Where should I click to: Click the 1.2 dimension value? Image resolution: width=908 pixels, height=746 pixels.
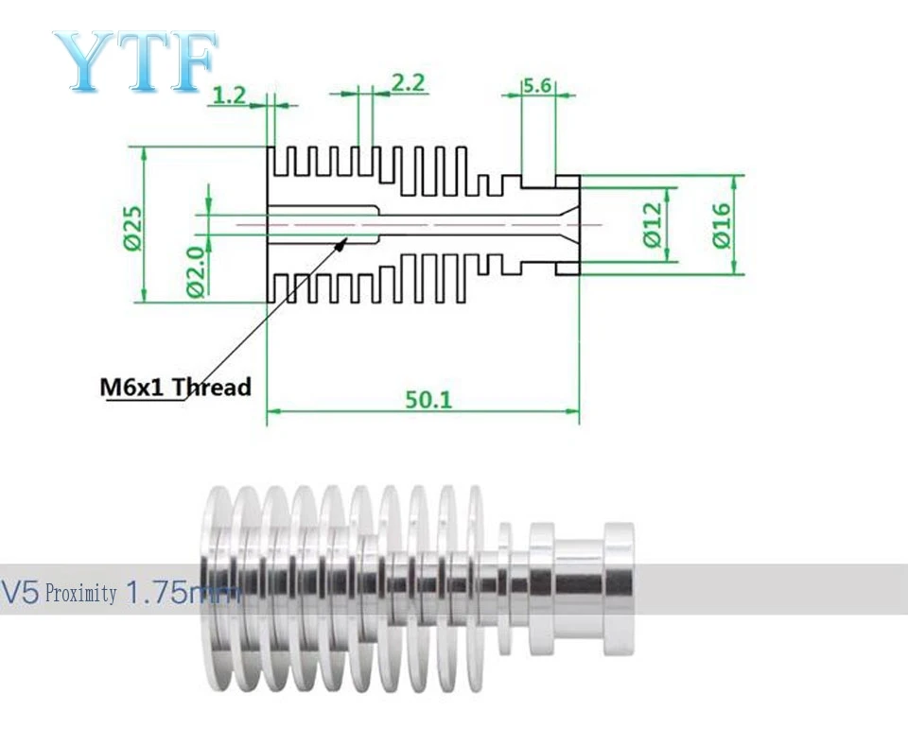[230, 95]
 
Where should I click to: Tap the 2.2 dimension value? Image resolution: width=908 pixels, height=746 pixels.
[409, 83]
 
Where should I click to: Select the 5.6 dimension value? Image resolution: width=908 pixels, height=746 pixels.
[537, 86]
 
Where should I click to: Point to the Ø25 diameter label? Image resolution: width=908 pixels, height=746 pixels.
[132, 228]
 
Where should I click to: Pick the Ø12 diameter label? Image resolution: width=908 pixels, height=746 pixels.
[653, 224]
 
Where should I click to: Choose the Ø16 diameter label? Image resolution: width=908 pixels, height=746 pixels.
[722, 226]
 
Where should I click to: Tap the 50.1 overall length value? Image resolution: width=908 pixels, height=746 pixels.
[428, 399]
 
